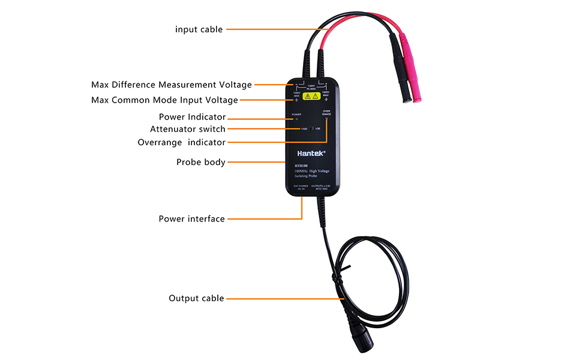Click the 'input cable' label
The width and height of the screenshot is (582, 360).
click(199, 29)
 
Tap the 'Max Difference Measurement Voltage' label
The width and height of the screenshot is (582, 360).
click(172, 85)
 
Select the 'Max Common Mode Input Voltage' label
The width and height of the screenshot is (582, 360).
click(164, 100)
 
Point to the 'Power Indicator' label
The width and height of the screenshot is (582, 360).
click(192, 117)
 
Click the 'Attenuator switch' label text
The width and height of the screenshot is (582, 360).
click(188, 129)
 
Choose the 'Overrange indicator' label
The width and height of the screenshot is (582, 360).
click(181, 142)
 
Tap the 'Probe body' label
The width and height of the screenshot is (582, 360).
click(201, 162)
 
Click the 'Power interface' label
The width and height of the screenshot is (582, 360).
click(191, 219)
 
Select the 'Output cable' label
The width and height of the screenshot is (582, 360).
click(196, 298)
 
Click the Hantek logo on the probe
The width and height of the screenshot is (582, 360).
click(311, 153)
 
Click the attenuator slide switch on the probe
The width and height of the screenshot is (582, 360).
click(312, 128)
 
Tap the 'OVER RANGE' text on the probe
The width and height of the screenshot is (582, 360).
click(326, 112)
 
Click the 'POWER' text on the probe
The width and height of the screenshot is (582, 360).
click(296, 114)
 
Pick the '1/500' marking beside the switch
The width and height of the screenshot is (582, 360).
click(304, 129)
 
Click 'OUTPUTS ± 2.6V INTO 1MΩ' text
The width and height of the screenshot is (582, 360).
click(325, 187)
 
